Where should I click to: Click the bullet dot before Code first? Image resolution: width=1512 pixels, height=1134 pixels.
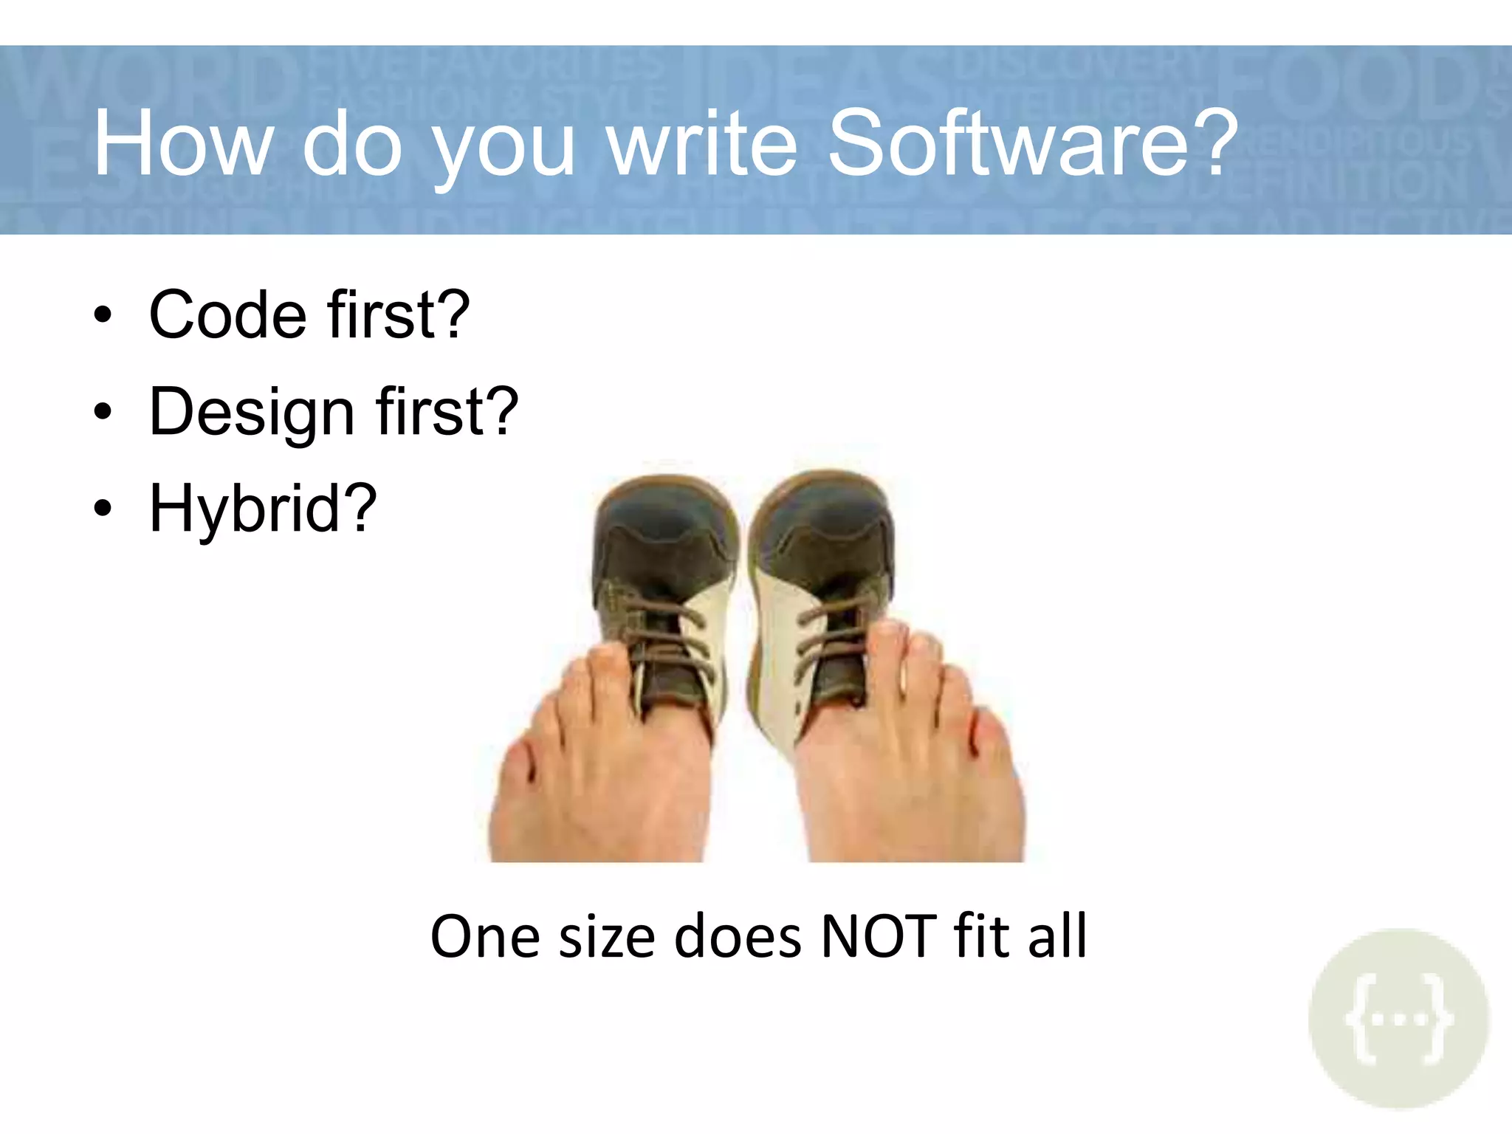[x=103, y=315]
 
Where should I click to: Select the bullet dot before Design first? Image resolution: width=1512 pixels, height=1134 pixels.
[x=103, y=412]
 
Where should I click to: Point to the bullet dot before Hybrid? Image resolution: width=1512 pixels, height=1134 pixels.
[x=103, y=508]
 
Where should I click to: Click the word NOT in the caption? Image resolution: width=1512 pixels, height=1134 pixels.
[x=879, y=936]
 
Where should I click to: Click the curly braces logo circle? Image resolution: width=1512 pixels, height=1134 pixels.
[x=1398, y=1019]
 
